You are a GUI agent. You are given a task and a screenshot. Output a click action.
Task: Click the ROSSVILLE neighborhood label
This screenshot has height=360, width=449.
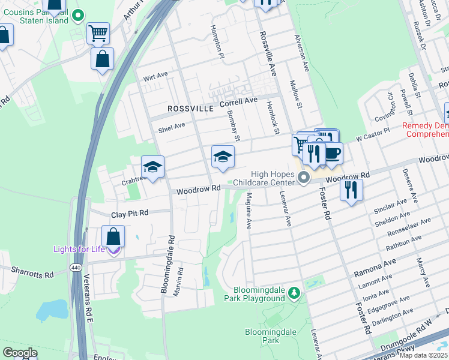(x=190, y=109)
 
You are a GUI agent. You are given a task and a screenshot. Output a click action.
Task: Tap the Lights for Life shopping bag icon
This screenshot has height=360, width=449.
(x=113, y=237)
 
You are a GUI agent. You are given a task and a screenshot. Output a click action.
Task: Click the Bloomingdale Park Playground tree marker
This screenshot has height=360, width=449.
(x=294, y=292)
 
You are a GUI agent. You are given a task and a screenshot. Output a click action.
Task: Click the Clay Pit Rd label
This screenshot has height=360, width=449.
(x=130, y=214)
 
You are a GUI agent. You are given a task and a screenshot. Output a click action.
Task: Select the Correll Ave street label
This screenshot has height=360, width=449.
(x=238, y=102)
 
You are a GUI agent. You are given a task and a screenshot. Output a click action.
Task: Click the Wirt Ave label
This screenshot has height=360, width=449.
(x=155, y=77)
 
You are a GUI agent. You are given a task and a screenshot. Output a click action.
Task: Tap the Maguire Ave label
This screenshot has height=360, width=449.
(x=249, y=207)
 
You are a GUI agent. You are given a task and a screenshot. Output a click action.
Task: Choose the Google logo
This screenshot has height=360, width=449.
(x=20, y=353)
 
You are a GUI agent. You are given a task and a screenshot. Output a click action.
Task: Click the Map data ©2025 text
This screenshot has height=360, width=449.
(x=423, y=355)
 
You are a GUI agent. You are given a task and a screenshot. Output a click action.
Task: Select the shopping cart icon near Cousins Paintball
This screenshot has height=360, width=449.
(x=98, y=32)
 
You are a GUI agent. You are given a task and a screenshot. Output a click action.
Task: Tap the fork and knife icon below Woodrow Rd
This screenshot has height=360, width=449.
(x=351, y=190)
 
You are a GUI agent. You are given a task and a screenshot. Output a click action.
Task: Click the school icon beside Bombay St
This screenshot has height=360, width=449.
(x=223, y=157)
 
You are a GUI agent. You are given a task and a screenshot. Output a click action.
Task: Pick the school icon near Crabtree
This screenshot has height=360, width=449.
(x=153, y=167)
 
